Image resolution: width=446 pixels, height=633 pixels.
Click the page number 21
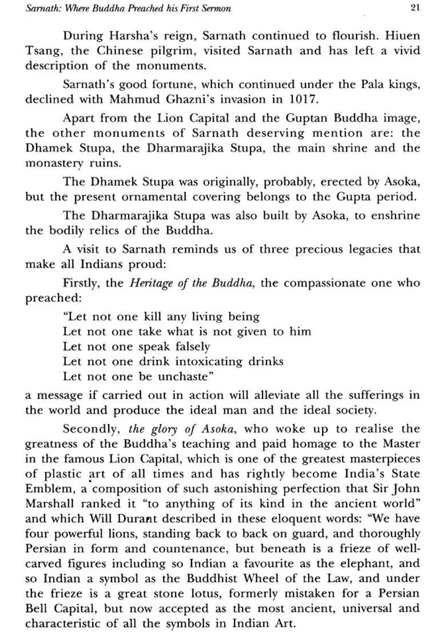pyautogui.click(x=415, y=7)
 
